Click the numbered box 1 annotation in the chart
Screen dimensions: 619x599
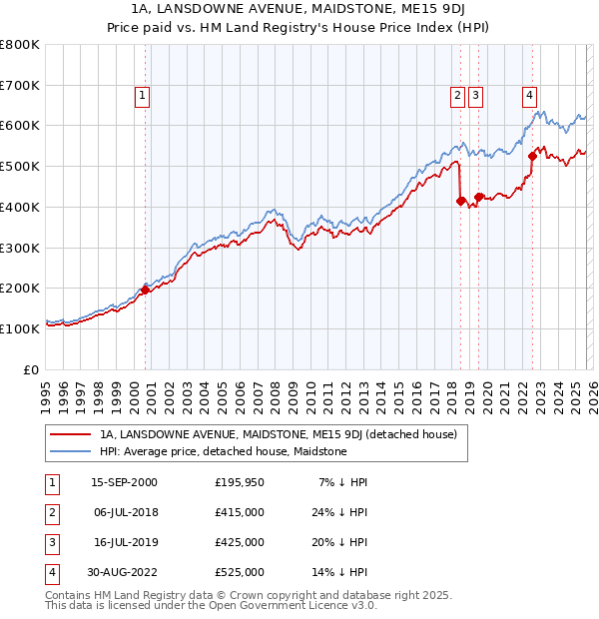point(142,96)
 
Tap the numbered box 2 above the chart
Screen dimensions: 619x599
point(457,96)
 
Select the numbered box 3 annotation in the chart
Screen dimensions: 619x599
point(475,96)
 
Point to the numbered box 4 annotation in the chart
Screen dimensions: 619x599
point(528,96)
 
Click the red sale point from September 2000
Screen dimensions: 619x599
point(146,290)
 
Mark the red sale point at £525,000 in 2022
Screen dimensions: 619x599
point(532,156)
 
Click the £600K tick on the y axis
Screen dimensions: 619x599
point(20,126)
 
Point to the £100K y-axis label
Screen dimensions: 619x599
point(20,328)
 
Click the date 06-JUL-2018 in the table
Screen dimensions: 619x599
point(124,512)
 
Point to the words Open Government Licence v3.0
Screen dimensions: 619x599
point(299,605)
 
